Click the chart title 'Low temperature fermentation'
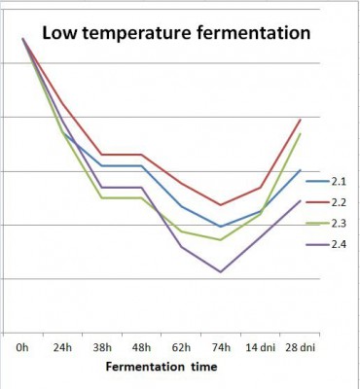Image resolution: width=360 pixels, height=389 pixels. point(175,34)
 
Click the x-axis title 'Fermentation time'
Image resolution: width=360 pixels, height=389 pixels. point(162,368)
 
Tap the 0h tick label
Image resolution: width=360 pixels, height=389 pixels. point(21,346)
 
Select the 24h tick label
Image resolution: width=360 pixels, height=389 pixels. point(61,346)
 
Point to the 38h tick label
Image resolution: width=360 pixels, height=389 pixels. point(101,346)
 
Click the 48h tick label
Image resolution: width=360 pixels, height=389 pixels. point(141,346)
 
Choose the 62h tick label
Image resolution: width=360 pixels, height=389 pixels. point(181,346)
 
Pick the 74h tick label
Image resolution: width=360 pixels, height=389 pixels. point(221,346)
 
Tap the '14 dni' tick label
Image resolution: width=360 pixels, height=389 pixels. point(260,346)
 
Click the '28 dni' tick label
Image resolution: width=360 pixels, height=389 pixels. point(300,346)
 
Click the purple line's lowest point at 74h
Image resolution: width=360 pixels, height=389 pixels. point(221,272)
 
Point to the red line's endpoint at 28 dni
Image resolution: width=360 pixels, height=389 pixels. point(300,120)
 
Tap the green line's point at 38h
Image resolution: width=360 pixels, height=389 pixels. point(101,198)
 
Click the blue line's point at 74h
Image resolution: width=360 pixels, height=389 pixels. point(221,227)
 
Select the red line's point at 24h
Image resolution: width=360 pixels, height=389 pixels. point(61,102)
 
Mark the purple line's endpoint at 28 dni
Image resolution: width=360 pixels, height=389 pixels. point(300,200)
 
